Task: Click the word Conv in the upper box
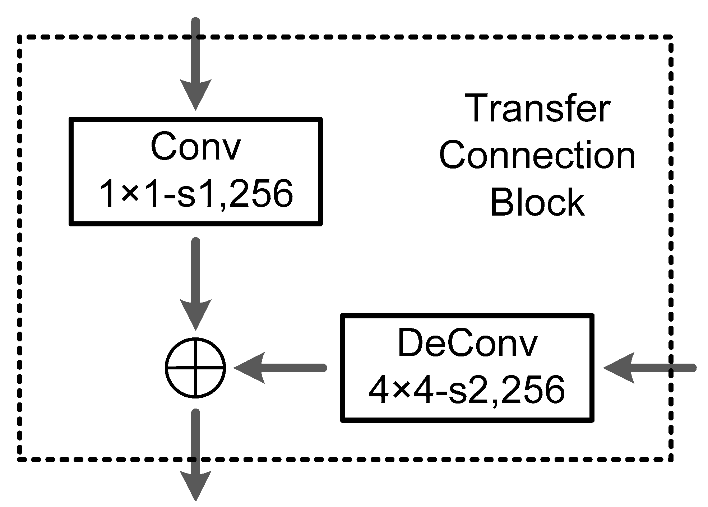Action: pos(195,147)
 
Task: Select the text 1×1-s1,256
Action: pos(195,194)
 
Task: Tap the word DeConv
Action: pos(467,344)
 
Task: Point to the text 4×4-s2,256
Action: pos(467,390)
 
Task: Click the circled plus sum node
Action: pos(195,368)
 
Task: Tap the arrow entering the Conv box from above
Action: pos(195,65)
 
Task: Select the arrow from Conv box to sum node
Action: pos(195,284)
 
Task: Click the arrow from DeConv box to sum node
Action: pos(280,368)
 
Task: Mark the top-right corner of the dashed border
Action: pos(671,37)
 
